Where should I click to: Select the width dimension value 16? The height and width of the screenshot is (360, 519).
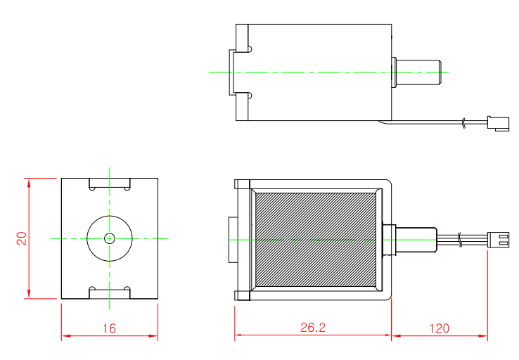point(109,328)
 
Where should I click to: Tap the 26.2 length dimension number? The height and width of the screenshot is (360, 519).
point(312,328)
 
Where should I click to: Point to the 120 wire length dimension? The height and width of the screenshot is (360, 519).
point(438,328)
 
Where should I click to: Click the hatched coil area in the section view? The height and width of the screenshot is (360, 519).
point(316,239)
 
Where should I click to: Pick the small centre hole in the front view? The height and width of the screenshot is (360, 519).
point(109,238)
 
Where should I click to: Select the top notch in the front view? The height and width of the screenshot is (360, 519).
point(110,184)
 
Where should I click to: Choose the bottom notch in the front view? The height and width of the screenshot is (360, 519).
point(110,292)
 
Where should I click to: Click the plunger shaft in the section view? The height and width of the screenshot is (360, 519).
point(418,239)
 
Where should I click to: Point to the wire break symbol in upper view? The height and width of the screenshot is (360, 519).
point(463,124)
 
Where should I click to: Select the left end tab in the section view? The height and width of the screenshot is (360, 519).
point(231,240)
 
